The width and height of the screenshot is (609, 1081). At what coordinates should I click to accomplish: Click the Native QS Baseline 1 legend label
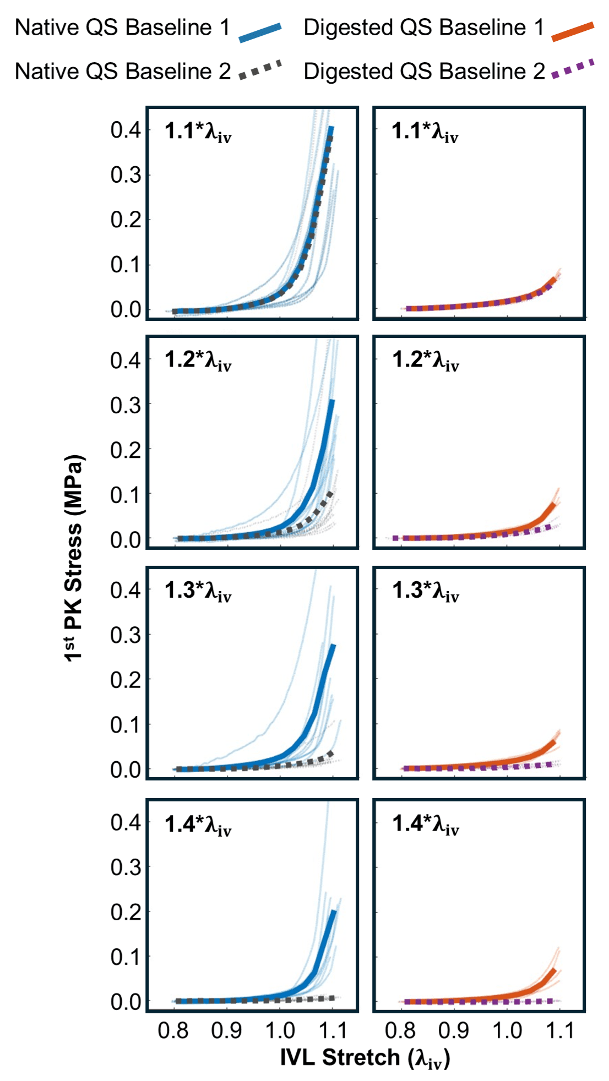click(122, 28)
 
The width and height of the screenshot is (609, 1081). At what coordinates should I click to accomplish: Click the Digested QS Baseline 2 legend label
click(424, 72)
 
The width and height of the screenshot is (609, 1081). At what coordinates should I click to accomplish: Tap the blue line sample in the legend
click(260, 32)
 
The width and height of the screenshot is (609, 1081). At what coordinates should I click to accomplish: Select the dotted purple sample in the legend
click(573, 68)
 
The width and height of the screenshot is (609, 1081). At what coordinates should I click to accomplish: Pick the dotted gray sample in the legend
click(260, 70)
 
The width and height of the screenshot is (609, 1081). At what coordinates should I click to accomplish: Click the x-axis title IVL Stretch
click(365, 1058)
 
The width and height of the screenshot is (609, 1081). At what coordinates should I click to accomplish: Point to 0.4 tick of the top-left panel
click(126, 130)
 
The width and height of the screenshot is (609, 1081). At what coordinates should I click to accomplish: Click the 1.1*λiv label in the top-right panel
click(425, 132)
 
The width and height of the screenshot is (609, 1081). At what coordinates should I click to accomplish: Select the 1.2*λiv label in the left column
click(198, 361)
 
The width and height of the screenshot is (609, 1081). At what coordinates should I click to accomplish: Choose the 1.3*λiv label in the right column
click(425, 591)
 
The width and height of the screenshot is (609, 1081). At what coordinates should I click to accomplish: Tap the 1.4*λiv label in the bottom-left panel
click(198, 825)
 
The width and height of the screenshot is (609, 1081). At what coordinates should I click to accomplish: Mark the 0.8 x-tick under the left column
click(173, 1030)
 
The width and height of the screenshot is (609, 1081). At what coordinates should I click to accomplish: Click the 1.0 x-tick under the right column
click(507, 1030)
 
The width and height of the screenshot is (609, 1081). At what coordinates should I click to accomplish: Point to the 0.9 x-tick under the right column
click(454, 1030)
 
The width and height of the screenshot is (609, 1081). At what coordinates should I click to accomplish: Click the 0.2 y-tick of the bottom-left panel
click(126, 912)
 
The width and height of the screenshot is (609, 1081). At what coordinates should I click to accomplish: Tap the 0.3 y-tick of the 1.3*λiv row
click(126, 635)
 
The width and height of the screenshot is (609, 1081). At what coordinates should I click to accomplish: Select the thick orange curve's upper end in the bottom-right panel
click(553, 970)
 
